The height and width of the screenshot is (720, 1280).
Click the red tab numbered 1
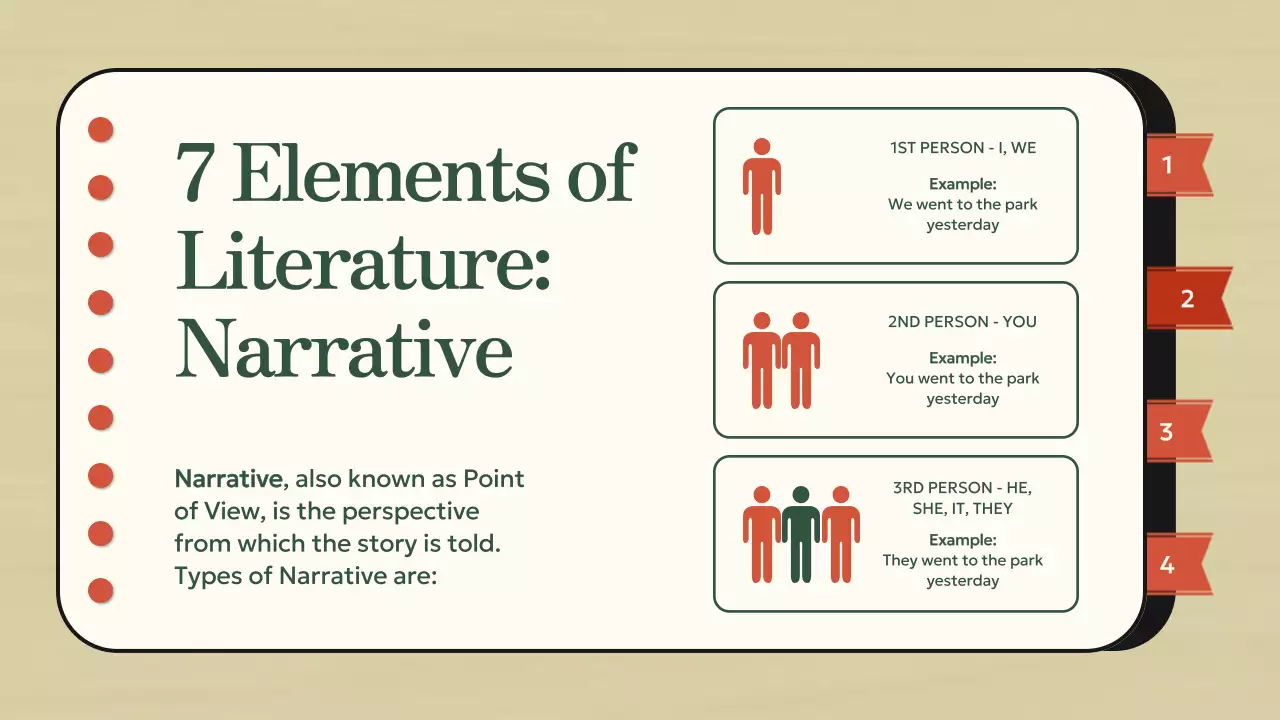pyautogui.click(x=1174, y=165)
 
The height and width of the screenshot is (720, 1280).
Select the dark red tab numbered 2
pyautogui.click(x=1187, y=298)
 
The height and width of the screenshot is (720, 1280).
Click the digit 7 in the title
pyautogui.click(x=197, y=173)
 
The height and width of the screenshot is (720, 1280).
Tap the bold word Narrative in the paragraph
pyautogui.click(x=227, y=479)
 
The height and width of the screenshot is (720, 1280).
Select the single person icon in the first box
pyautogui.click(x=761, y=186)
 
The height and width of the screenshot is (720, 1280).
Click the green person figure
pyautogui.click(x=800, y=534)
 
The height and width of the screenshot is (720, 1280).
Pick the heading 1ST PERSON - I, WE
pyautogui.click(x=963, y=148)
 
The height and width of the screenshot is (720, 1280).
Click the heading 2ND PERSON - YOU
pyautogui.click(x=962, y=322)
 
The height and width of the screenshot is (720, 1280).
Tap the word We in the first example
pyautogui.click(x=900, y=204)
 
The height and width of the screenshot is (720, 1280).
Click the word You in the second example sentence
pyautogui.click(x=901, y=378)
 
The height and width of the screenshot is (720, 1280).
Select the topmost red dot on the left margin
pyautogui.click(x=101, y=130)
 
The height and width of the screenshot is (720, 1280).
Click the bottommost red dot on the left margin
pyautogui.click(x=101, y=591)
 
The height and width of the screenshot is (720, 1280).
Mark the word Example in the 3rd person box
pyautogui.click(x=962, y=540)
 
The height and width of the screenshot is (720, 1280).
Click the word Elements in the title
pyautogui.click(x=391, y=173)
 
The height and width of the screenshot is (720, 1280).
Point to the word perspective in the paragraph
pyautogui.click(x=411, y=512)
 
